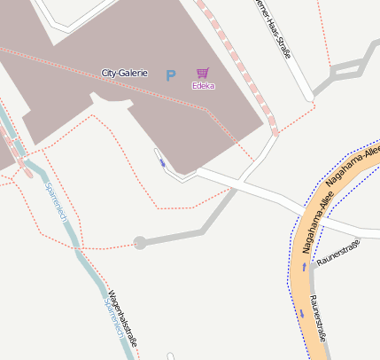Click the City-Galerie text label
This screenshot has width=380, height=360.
click(x=124, y=73)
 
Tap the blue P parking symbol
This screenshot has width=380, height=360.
click(x=170, y=76)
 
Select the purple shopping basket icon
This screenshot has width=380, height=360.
click(x=203, y=73)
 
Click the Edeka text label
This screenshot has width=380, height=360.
click(x=203, y=85)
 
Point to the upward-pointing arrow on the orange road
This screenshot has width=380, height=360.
click(x=304, y=266)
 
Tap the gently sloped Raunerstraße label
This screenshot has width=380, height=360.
click(x=339, y=254)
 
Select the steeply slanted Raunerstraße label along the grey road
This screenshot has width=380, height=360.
click(x=320, y=320)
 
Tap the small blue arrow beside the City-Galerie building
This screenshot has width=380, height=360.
click(x=163, y=162)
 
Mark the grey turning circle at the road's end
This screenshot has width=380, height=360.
click(x=139, y=242)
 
